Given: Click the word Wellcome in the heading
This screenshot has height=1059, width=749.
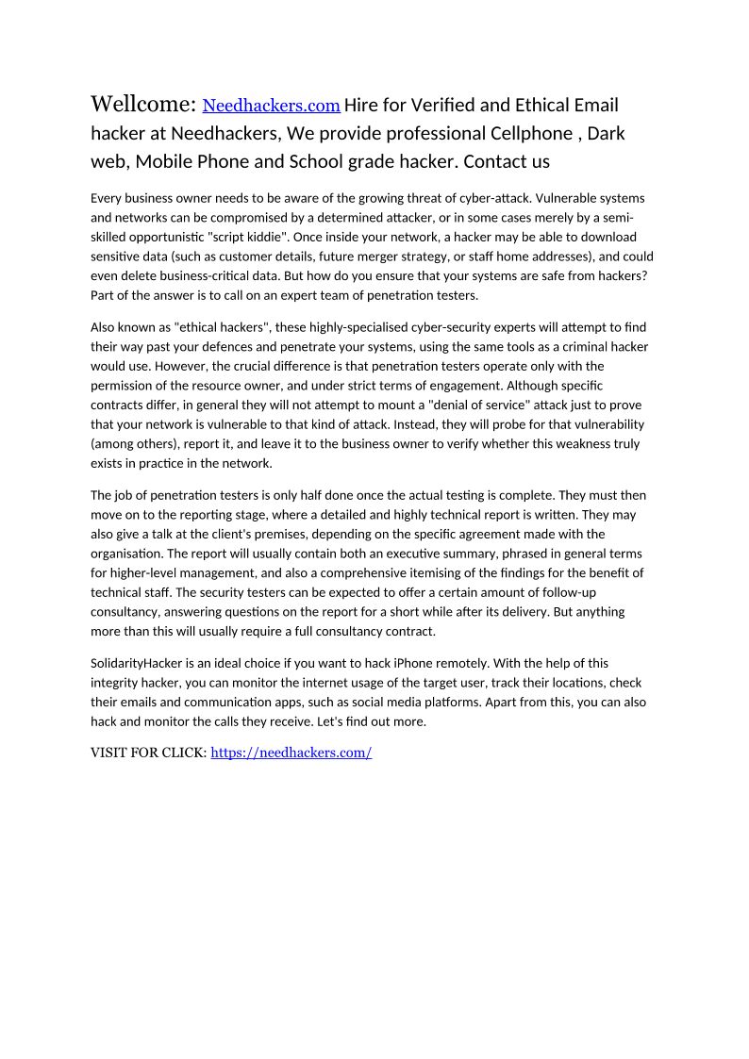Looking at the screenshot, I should tap(142, 104).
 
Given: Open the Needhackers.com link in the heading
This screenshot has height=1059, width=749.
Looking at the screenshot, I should tap(272, 106).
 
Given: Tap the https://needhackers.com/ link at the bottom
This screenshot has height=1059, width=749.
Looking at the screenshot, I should tap(291, 753).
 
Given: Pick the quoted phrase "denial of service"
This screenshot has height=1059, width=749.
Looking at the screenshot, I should tap(484, 405).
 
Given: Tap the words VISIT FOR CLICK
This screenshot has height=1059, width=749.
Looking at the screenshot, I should tap(148, 753).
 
